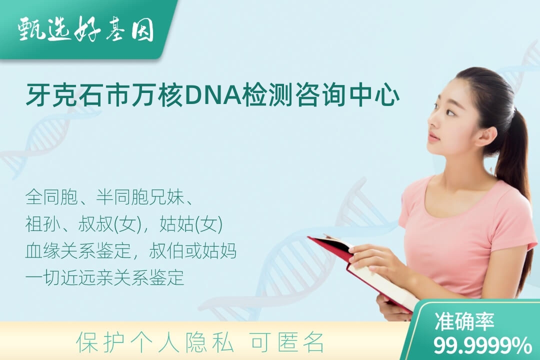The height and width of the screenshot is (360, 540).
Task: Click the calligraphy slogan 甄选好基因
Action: [x=85, y=29]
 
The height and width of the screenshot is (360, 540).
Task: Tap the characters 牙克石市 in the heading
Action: [x=78, y=95]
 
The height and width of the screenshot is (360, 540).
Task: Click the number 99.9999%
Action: [x=482, y=345]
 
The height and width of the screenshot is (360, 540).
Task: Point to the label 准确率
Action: [x=464, y=321]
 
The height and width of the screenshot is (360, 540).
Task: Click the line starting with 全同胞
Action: [x=109, y=197]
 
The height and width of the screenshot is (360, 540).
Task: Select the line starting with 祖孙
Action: [x=124, y=224]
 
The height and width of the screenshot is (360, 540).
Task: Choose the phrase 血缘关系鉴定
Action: [x=78, y=251]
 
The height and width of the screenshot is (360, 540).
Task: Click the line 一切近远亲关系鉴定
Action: [x=104, y=277]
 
